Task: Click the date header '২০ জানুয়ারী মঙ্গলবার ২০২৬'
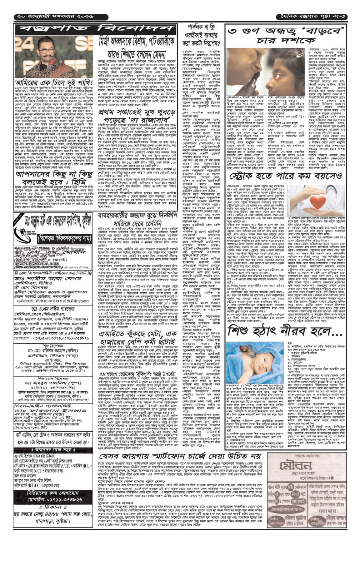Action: point(54,17)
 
